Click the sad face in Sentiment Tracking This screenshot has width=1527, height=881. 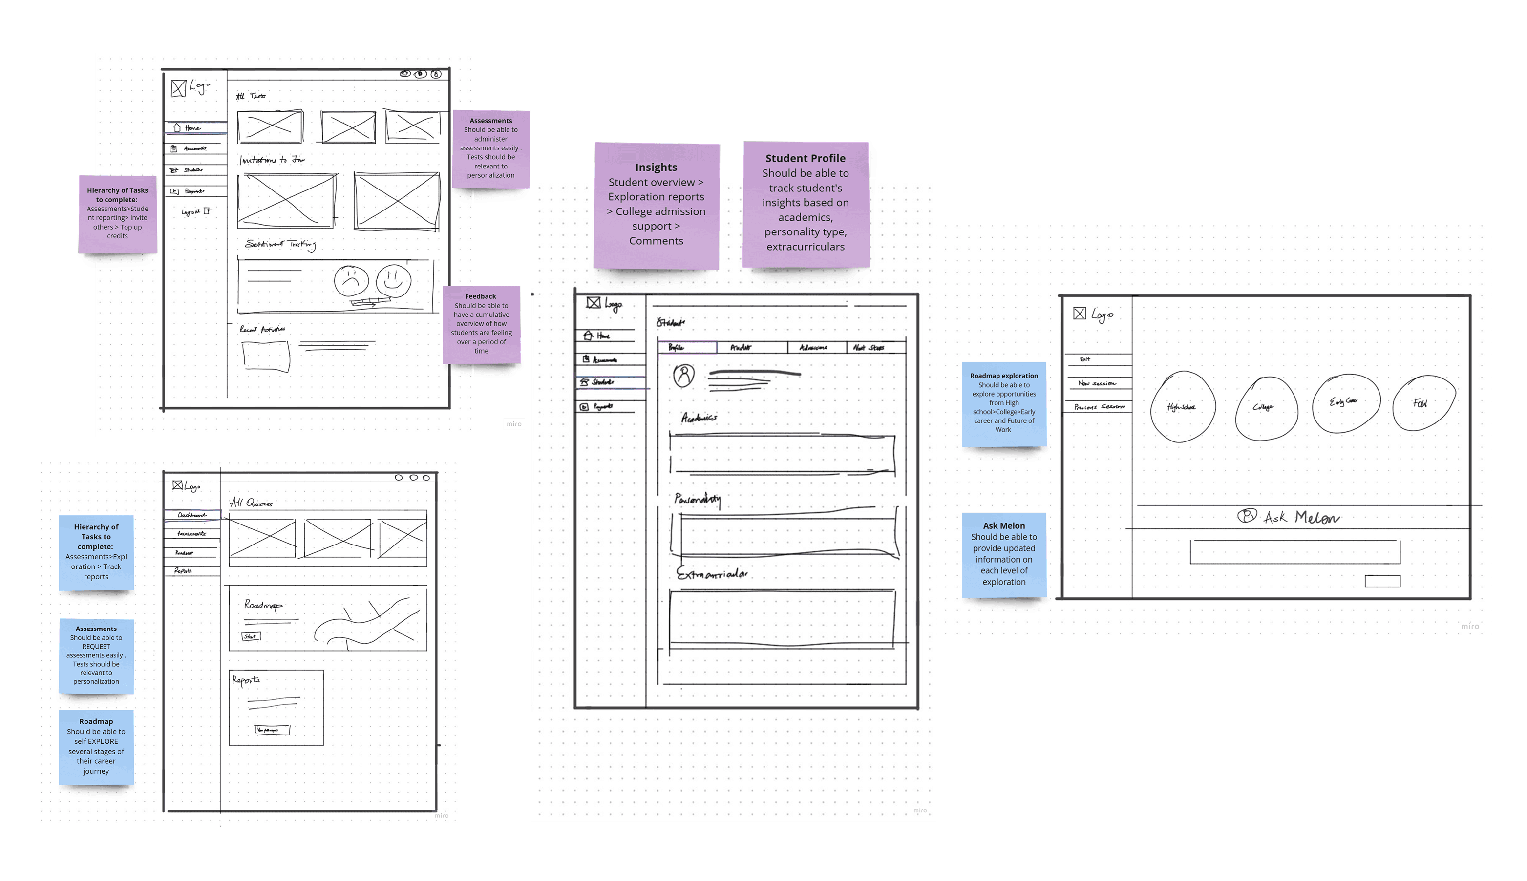351,281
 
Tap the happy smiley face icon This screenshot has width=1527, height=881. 393,280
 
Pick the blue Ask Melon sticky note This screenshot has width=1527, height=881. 1003,554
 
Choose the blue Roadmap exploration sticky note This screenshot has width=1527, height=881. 1003,403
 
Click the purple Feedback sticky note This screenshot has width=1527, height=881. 481,324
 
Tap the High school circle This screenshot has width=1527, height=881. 1182,407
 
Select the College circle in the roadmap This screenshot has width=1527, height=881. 1266,407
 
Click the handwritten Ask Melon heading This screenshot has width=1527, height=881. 1289,517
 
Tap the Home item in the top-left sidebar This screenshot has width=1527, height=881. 192,127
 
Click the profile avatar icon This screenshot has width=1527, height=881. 683,375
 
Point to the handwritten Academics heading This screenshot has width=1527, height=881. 699,418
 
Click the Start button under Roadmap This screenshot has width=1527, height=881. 251,636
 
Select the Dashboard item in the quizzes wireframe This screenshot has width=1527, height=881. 191,515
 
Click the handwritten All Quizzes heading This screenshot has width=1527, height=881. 251,502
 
